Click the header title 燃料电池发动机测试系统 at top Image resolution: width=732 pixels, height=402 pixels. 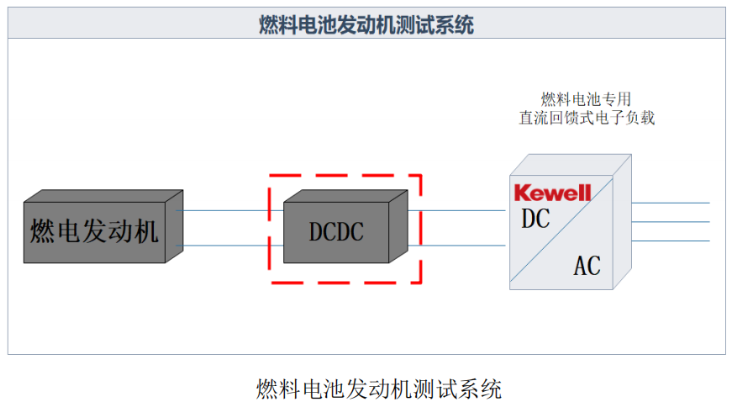(366, 24)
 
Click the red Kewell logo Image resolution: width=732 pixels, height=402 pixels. (552, 193)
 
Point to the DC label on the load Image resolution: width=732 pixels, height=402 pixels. (535, 219)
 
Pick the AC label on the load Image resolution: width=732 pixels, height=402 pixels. (587, 266)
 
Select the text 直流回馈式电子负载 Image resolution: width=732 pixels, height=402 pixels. (586, 118)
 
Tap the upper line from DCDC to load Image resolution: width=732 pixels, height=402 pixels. (458, 210)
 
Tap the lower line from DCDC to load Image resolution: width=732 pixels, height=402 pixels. (458, 246)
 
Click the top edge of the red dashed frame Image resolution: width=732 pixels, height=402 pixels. (345, 177)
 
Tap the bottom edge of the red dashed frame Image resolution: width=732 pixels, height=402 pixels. (345, 282)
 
